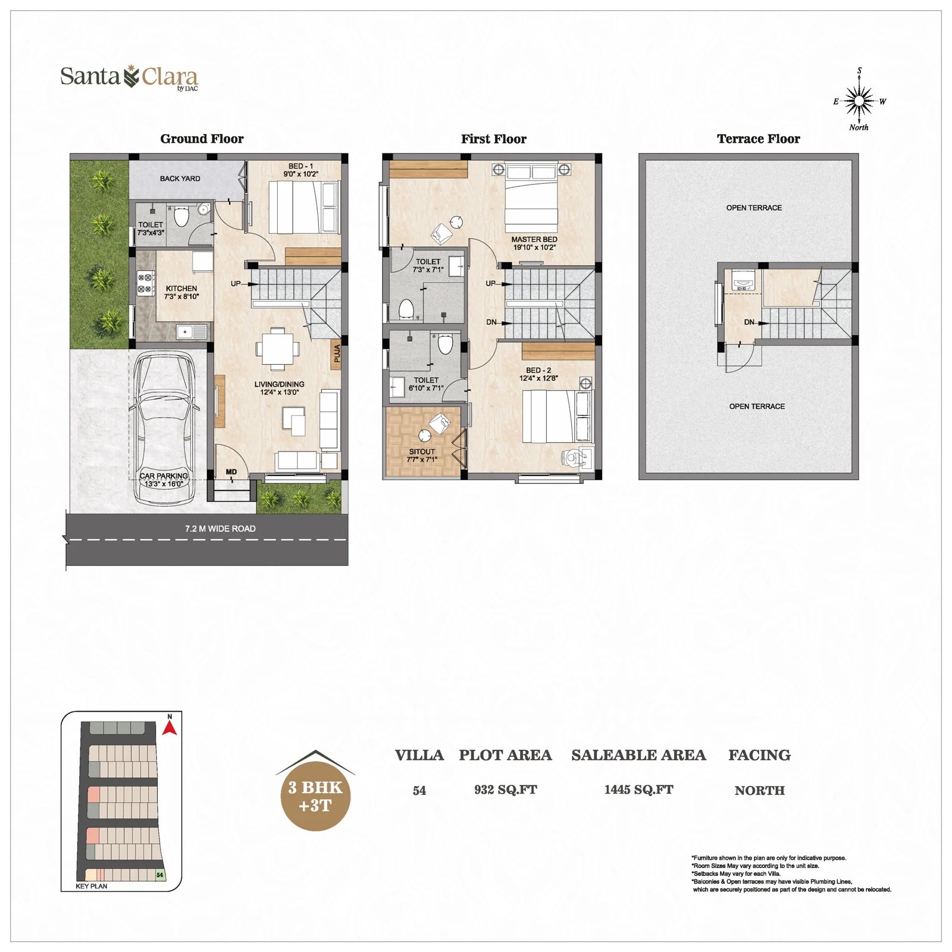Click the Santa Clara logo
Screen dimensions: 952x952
click(129, 77)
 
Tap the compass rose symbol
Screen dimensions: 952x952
click(859, 101)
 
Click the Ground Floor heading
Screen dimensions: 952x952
click(202, 139)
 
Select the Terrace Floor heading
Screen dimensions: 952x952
click(758, 139)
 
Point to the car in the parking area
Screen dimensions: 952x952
click(163, 428)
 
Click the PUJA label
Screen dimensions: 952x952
click(337, 354)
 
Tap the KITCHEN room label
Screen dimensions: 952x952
click(181, 289)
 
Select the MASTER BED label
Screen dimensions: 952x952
click(534, 239)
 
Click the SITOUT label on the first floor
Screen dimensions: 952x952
click(422, 452)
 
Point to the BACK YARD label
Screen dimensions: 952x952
click(180, 178)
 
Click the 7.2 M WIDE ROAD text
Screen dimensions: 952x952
click(220, 528)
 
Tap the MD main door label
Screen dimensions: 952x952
click(231, 472)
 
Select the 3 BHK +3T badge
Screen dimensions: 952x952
click(315, 791)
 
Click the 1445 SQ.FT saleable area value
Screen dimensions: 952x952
click(638, 790)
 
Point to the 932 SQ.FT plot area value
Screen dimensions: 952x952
click(505, 790)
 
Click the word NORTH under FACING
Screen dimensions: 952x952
click(759, 790)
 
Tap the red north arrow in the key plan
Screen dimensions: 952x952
click(170, 728)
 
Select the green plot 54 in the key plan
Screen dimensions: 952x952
click(159, 875)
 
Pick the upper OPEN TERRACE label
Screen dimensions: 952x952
click(754, 208)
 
